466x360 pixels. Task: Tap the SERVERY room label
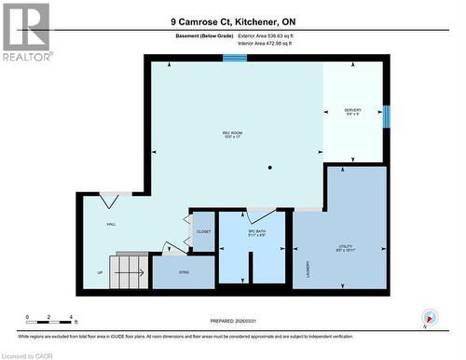[353, 112]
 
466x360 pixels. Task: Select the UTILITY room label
[345, 247]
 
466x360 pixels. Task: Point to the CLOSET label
[202, 231]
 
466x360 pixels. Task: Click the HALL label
[111, 225]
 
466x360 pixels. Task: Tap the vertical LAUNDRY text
[306, 270]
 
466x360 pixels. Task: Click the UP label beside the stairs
[100, 273]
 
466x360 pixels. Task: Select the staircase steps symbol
[129, 272]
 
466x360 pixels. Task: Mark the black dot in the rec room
[270, 168]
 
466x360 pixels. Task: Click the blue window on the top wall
[235, 58]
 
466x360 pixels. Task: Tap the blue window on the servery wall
[387, 117]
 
